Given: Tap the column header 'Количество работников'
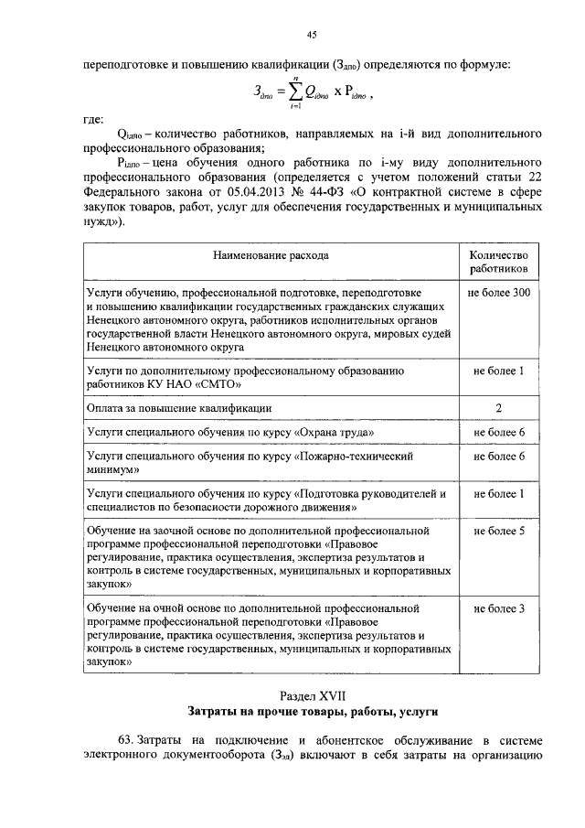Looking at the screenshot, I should [x=498, y=263].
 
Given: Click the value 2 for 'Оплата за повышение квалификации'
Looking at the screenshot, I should [x=498, y=407].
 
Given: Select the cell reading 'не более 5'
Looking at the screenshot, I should [x=498, y=531].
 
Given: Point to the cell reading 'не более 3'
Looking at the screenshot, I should [x=498, y=608].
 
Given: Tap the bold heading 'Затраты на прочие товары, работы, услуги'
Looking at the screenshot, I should [x=314, y=711].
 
